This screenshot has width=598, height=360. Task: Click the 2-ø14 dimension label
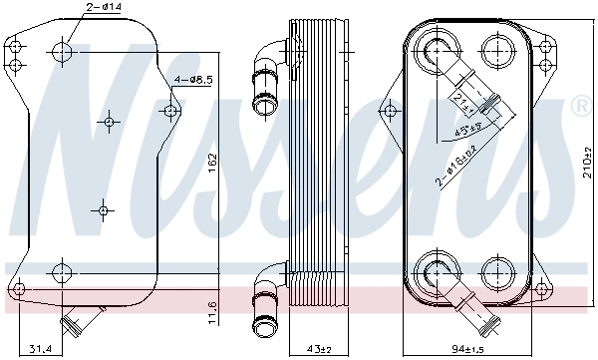(103, 8)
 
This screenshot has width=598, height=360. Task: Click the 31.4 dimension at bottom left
(40, 349)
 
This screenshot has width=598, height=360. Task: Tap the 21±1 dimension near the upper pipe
(461, 100)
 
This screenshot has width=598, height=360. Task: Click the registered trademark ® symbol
(579, 104)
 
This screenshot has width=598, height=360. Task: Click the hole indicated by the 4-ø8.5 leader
(170, 110)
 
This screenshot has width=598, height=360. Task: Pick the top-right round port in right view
(495, 49)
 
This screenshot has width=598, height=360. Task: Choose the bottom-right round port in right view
(495, 270)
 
